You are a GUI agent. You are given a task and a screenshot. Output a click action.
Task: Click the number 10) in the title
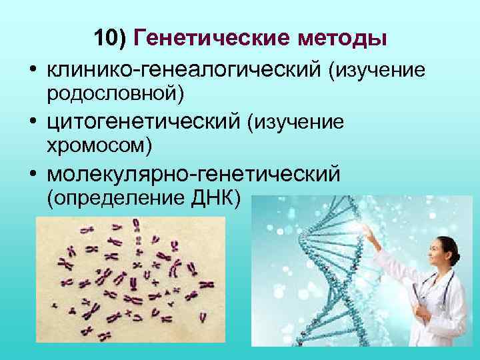click(111, 38)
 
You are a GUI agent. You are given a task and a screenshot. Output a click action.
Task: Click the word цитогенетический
click(143, 122)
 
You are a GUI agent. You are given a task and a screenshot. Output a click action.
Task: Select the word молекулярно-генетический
click(193, 174)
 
